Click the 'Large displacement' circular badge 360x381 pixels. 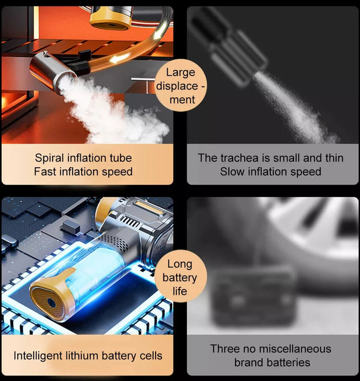tap(181, 85)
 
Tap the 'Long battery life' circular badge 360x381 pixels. tap(180, 276)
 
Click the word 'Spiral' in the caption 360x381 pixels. tap(49, 158)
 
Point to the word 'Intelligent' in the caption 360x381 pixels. tap(38, 356)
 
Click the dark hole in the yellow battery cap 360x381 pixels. tap(52, 303)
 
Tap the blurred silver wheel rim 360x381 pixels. tap(313, 226)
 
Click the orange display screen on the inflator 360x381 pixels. tap(149, 207)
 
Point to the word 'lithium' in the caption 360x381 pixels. tap(82, 356)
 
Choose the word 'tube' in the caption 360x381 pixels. tap(121, 158)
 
